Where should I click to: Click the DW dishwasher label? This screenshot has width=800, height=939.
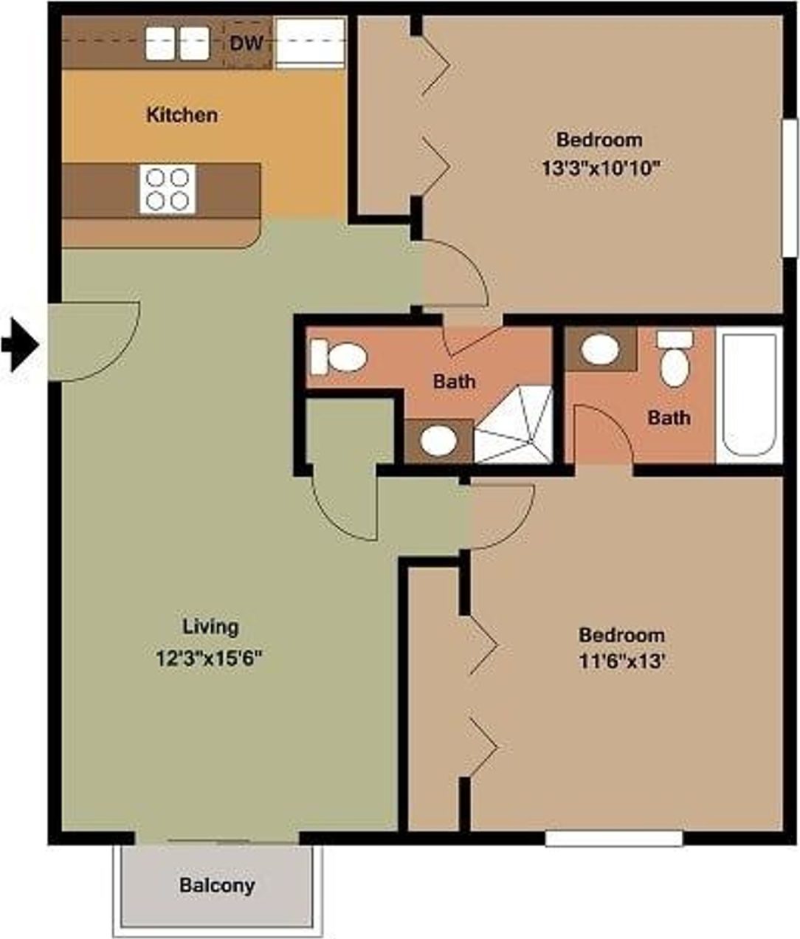click(x=246, y=43)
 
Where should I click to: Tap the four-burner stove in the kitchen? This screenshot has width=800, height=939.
click(x=168, y=189)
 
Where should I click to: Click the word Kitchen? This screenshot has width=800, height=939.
click(x=182, y=115)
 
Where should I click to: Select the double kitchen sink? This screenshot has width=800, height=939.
click(x=177, y=43)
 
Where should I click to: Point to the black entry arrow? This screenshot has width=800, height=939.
click(x=19, y=344)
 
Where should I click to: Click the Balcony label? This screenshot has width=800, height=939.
click(x=217, y=884)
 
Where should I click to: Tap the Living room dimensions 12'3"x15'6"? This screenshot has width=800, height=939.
click(x=210, y=658)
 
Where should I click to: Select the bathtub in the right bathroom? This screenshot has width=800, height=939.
click(x=749, y=395)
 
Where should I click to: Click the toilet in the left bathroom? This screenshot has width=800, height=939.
click(x=339, y=357)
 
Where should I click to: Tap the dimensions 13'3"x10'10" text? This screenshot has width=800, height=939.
click(x=599, y=168)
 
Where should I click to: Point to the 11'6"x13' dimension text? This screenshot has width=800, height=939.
click(x=621, y=662)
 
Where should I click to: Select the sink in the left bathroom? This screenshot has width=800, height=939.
click(x=438, y=441)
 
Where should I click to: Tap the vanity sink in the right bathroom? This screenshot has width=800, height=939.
click(x=599, y=349)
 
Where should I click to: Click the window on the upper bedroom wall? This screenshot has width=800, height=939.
click(x=790, y=188)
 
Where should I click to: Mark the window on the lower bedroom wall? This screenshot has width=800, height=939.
click(x=613, y=839)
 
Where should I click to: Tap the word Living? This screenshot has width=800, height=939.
click(x=210, y=627)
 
